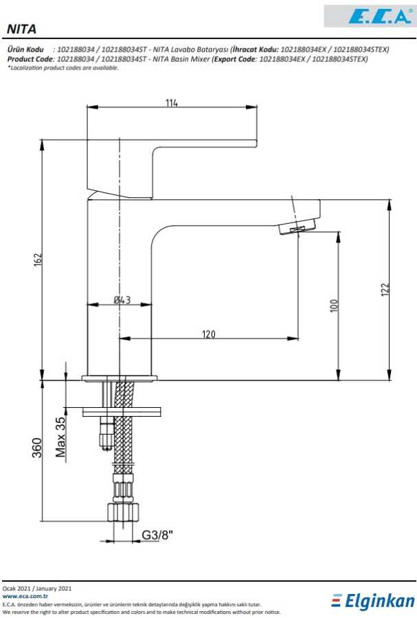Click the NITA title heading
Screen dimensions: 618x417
[21, 29]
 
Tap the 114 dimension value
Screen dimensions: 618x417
[172, 103]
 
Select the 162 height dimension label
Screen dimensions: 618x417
[38, 260]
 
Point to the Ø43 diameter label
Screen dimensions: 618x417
[122, 300]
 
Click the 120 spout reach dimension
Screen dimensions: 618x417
[209, 334]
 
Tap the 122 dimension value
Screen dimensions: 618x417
[385, 289]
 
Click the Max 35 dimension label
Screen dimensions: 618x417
[60, 437]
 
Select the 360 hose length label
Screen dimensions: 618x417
[38, 447]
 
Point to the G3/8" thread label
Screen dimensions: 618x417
[157, 534]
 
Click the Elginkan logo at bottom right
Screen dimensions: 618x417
[374, 602]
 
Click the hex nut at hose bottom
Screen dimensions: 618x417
[124, 512]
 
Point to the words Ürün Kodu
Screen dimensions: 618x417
[25, 50]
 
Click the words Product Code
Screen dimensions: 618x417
[30, 59]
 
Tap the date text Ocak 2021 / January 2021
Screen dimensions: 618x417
[37, 588]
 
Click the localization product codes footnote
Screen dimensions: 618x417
[54, 67]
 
